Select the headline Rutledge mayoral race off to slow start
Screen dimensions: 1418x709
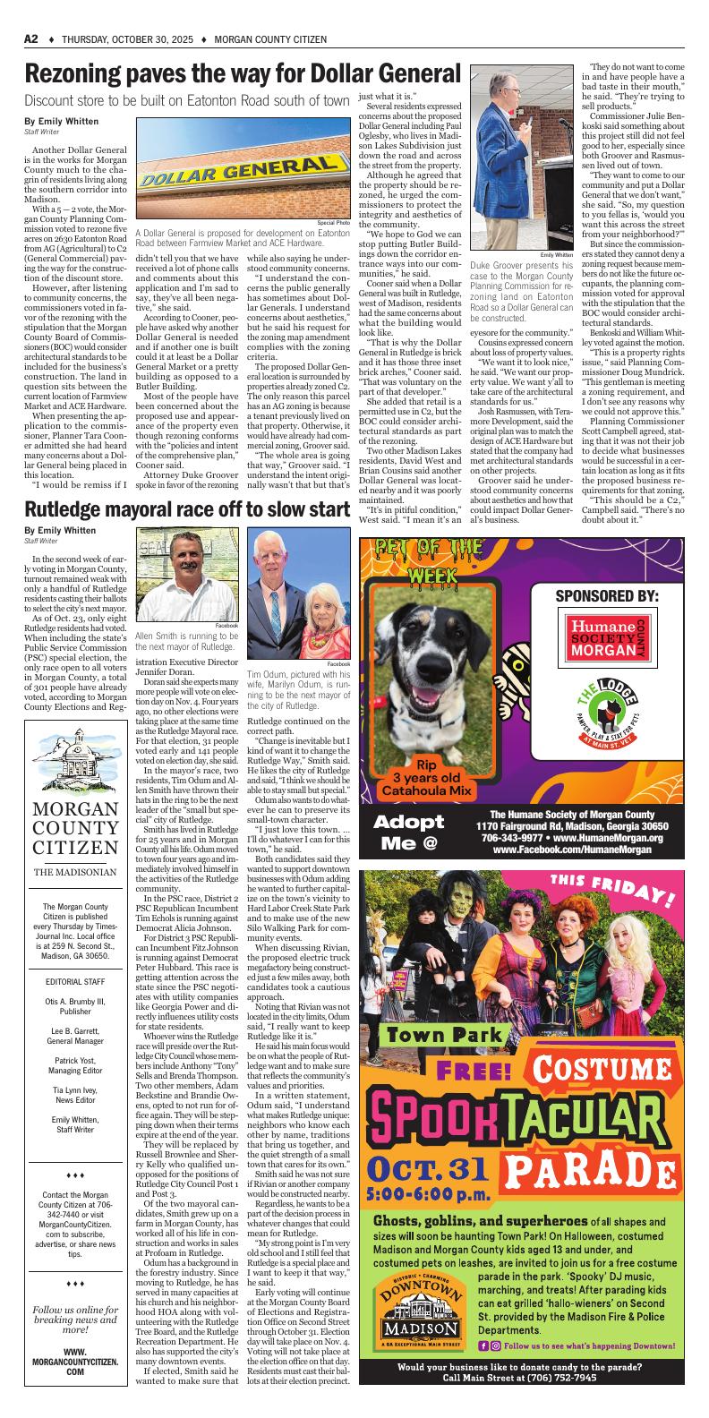click(x=186, y=510)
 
